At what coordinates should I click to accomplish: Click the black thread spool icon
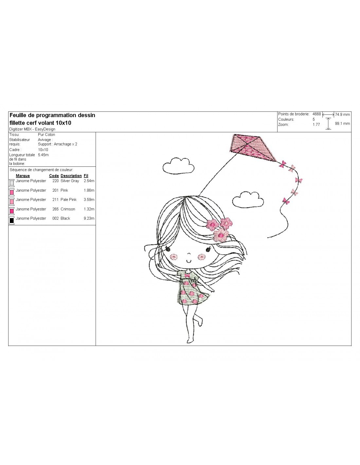click(x=12, y=220)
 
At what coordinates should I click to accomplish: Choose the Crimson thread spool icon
click(x=12, y=211)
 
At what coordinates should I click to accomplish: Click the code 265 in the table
click(x=55, y=209)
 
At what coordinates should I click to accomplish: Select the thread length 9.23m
click(x=89, y=218)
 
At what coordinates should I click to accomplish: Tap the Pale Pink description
click(x=68, y=200)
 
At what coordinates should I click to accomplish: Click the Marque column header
click(x=23, y=176)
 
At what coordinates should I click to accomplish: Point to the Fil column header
click(x=86, y=176)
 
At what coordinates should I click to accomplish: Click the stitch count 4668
click(x=316, y=114)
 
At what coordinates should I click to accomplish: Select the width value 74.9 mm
click(x=342, y=114)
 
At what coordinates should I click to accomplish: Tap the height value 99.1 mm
click(x=342, y=124)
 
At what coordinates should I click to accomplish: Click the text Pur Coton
click(x=46, y=135)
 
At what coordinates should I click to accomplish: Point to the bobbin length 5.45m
click(x=43, y=155)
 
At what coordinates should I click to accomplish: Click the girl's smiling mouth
click(x=189, y=261)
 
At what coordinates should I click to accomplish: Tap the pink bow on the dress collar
click(x=188, y=275)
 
